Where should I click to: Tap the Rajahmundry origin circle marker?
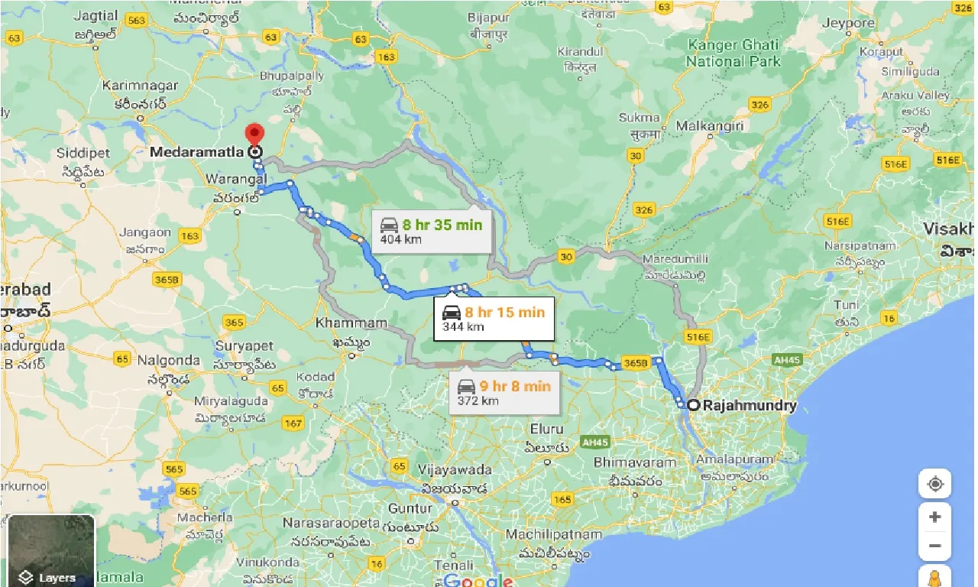pos(692,405)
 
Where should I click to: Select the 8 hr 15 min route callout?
pos(494,318)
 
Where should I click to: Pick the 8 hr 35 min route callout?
pos(432,231)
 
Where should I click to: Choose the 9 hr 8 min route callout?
pos(504,392)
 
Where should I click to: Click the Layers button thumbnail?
pos(51,551)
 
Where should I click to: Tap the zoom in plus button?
pos(934,517)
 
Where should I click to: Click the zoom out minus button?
pos(934,546)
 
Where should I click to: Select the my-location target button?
pos(934,485)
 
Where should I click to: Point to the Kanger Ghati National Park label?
pos(733,53)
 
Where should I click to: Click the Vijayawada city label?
pos(455,469)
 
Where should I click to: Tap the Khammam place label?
pos(351,323)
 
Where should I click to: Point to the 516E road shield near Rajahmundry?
pos(698,336)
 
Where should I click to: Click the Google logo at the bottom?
pos(477,579)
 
